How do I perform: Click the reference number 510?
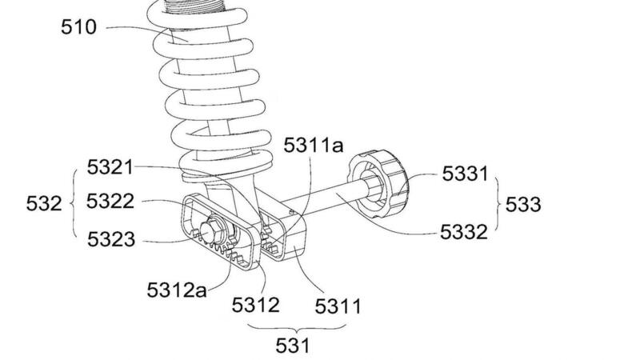[x=78, y=27]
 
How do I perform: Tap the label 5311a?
[x=314, y=145]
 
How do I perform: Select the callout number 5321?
[x=110, y=167]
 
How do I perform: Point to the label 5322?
[x=110, y=202]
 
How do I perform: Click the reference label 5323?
[x=111, y=239]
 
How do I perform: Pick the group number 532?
[x=44, y=203]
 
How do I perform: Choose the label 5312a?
[x=177, y=290]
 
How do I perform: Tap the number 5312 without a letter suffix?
[x=255, y=305]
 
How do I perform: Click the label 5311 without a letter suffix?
[x=338, y=306]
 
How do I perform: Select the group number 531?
[x=293, y=346]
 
